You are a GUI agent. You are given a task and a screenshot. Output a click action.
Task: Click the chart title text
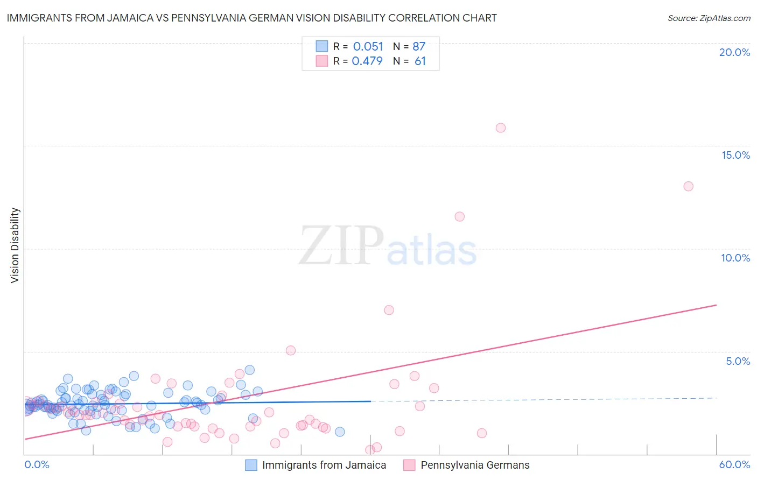tap(252, 18)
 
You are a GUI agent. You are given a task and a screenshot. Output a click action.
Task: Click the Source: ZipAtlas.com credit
tap(709, 18)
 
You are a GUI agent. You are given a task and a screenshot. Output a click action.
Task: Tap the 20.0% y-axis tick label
tap(734, 52)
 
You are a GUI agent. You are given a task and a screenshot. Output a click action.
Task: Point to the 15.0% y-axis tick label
tap(735, 155)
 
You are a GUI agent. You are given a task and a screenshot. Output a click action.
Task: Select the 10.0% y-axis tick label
tap(735, 258)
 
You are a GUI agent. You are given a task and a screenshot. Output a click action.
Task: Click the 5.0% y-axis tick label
tap(738, 361)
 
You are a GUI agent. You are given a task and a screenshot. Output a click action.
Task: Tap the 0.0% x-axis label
tap(37, 464)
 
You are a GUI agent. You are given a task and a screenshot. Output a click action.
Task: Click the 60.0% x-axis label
tap(734, 464)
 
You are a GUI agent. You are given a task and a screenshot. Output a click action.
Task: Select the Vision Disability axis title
tap(15, 245)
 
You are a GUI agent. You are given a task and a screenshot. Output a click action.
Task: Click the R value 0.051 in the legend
tap(368, 47)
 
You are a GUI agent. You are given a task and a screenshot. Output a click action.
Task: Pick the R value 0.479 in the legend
tap(367, 61)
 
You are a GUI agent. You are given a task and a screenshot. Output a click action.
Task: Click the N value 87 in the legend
tap(419, 47)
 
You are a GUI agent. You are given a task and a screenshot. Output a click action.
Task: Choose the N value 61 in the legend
tap(420, 61)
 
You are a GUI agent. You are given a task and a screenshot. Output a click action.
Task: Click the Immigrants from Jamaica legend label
tap(324, 465)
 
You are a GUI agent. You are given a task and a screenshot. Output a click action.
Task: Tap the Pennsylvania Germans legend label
tap(475, 465)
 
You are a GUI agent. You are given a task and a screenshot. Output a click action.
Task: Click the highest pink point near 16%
tap(501, 128)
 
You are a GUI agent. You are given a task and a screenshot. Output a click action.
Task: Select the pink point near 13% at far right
tap(688, 186)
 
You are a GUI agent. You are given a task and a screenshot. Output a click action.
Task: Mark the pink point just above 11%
tap(459, 216)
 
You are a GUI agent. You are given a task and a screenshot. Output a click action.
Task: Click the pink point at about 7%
tap(389, 310)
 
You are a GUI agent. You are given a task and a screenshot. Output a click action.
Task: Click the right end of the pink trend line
tap(716, 305)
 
